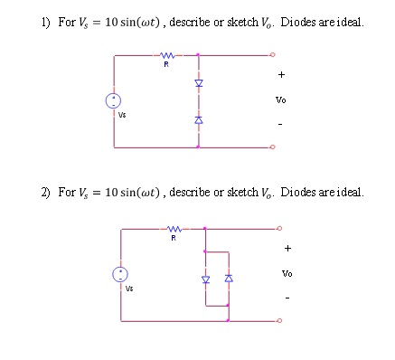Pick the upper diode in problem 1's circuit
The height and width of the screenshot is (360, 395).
tap(199, 83)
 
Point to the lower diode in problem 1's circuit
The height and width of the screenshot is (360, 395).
tap(199, 120)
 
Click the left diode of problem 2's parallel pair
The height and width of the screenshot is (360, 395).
tap(205, 279)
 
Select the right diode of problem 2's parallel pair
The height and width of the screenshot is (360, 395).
tap(228, 279)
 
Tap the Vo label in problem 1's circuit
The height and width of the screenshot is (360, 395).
tap(282, 100)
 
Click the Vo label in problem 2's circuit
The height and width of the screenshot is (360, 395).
tap(287, 272)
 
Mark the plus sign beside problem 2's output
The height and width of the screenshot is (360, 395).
tap(287, 246)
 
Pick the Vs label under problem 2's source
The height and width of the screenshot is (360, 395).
tap(129, 289)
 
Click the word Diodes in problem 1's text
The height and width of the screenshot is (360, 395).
tap(298, 21)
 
